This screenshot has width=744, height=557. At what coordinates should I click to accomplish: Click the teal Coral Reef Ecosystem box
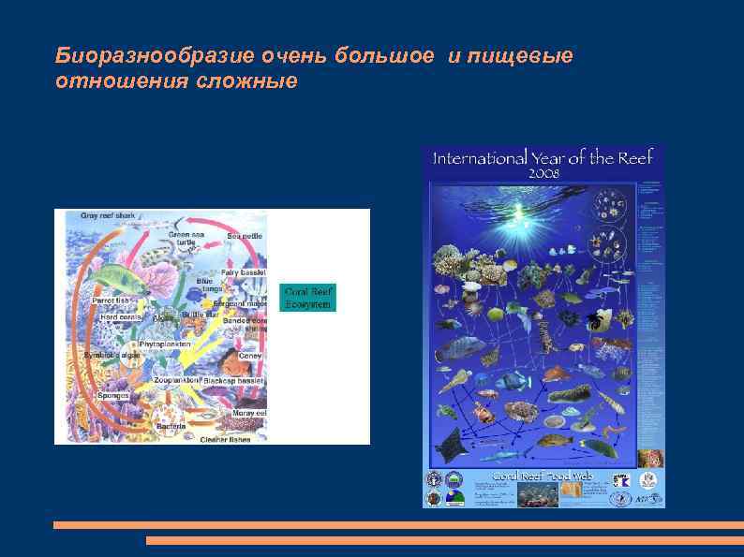click(x=307, y=297)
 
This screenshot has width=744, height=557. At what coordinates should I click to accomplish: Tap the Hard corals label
click(x=121, y=316)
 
